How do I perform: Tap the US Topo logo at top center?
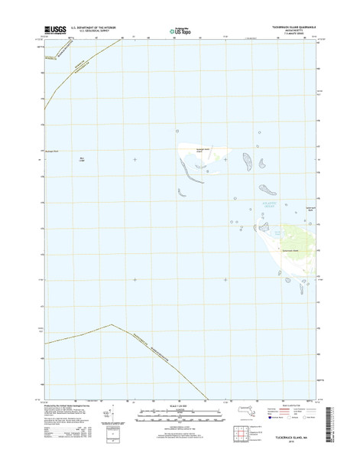tap(179, 31)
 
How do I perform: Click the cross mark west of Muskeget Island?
tap(135, 159)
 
